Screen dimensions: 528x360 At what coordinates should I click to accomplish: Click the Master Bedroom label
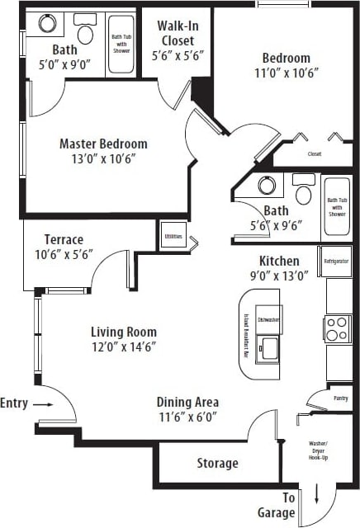(103, 144)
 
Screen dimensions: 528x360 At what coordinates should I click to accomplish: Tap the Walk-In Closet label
(178, 33)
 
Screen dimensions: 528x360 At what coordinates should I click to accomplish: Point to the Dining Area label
(187, 403)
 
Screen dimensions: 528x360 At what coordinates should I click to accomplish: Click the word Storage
(217, 463)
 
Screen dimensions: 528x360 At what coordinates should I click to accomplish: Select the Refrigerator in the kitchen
(335, 261)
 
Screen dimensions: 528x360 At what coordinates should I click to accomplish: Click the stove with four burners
(338, 328)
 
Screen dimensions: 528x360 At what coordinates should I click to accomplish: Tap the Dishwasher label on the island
(268, 318)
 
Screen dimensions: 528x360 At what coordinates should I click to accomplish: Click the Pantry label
(339, 398)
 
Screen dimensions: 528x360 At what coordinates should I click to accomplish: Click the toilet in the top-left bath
(84, 32)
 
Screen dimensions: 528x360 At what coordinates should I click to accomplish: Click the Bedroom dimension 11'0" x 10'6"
(287, 72)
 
